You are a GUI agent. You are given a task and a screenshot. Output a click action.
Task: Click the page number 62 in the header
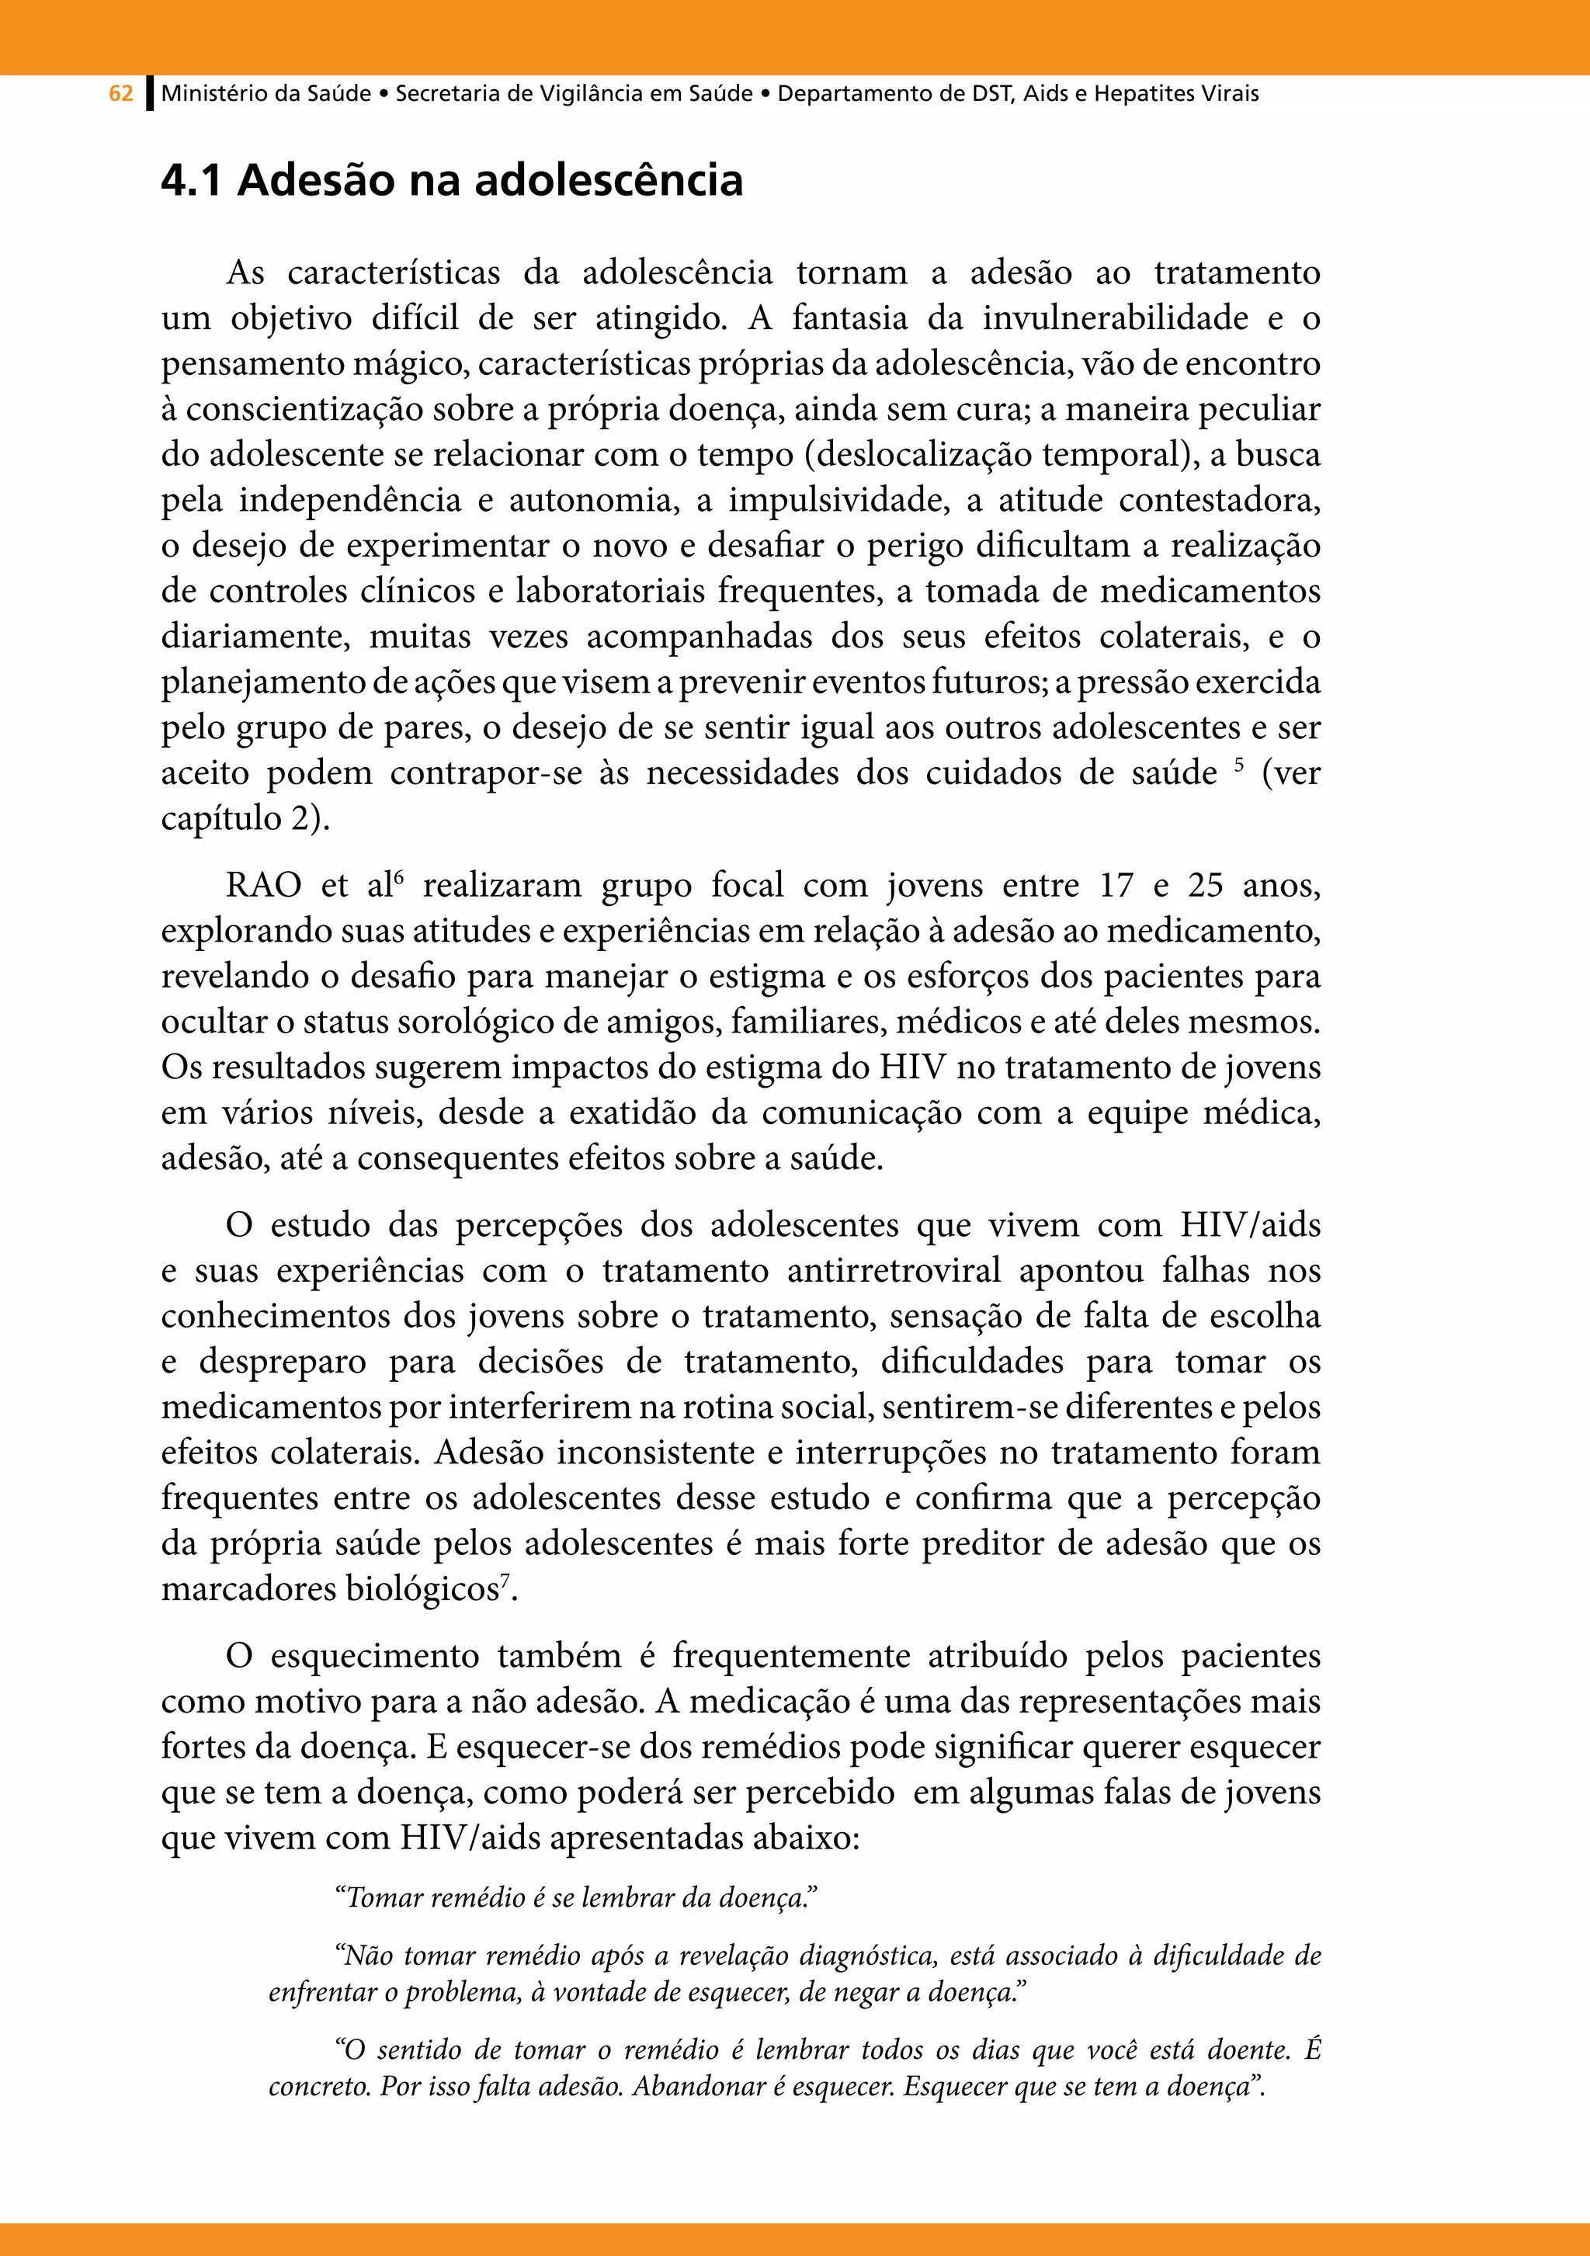tap(121, 95)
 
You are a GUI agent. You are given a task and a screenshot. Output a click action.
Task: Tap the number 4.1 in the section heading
tap(191, 181)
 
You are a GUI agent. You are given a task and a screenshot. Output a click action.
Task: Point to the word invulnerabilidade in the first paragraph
tap(1116, 318)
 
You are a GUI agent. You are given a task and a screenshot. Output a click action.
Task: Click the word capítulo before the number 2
tap(221, 818)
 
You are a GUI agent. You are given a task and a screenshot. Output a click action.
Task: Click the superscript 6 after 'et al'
tap(398, 876)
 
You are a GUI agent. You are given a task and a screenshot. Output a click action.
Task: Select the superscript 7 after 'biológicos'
tap(504, 1580)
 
